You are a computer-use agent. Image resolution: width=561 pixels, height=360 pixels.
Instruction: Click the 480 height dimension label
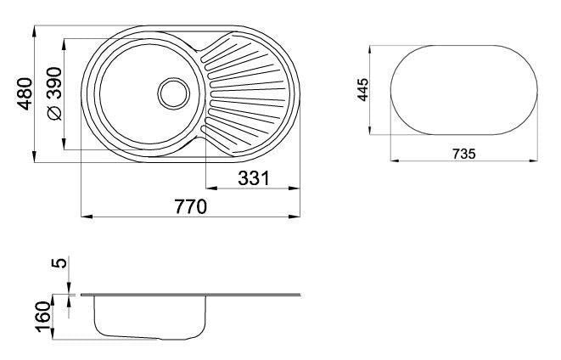pos(25,93)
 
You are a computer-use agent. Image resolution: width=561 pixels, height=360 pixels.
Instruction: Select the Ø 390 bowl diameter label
pos(54,93)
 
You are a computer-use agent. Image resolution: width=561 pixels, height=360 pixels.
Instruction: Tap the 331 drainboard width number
pos(253,178)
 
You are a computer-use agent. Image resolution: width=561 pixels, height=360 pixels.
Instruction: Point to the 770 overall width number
pos(191,207)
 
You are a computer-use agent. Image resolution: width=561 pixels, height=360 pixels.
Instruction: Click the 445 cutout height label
pos(362,90)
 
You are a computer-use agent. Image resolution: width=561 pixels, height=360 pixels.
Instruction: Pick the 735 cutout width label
pos(464,154)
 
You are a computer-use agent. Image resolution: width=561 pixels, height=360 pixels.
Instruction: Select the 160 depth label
pos(43,317)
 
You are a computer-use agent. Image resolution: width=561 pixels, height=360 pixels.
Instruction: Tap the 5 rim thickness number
pos(59,263)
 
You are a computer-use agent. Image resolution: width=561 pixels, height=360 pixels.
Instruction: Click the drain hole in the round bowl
pos(173,93)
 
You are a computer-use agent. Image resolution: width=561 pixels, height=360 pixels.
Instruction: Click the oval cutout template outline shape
pos(464,46)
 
